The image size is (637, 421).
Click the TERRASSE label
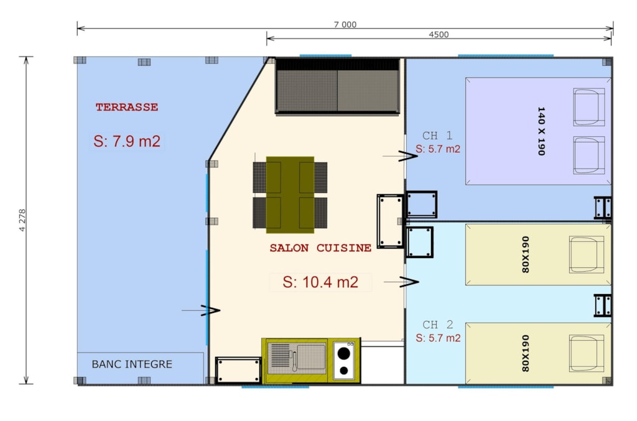pos(127,107)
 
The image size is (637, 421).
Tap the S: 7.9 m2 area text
pos(127,141)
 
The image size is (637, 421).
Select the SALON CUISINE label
pos(320,248)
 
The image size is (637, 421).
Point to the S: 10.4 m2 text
pos(320,282)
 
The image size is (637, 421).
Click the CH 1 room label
pos(437,135)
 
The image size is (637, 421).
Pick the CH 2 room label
pos(438,325)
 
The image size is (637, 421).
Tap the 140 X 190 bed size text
pos(541,131)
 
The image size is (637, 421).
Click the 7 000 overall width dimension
pos(345,24)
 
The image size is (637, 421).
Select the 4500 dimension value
pos(439,34)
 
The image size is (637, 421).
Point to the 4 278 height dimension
pos(22,220)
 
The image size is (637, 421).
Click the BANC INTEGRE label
pos(132,364)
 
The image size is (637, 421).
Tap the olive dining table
pos(290,195)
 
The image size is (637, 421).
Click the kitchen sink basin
pos(311,357)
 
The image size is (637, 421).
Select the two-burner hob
pos(343,361)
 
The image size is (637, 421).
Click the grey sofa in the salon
pos(338,86)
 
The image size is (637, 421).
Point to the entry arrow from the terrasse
pos(201,310)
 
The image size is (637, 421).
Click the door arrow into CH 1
pos(400,156)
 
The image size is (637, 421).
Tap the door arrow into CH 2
pos(401,282)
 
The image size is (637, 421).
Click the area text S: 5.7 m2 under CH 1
pos(438,149)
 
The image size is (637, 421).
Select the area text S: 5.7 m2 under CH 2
pos(439,338)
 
